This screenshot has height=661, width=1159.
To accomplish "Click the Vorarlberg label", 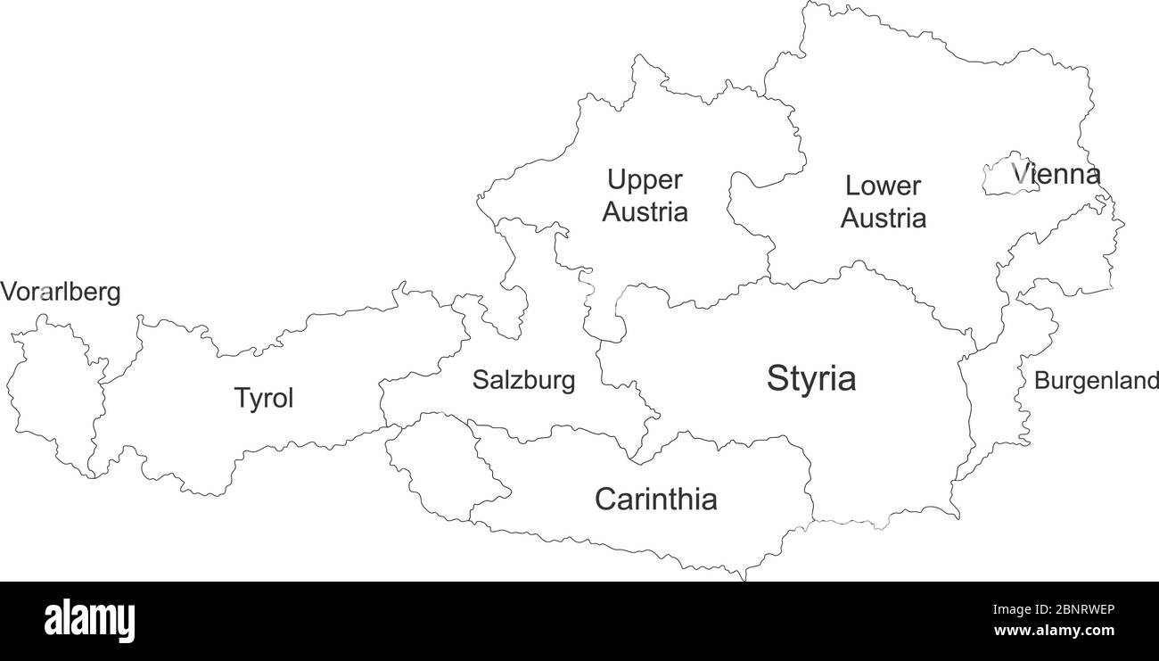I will [61, 293].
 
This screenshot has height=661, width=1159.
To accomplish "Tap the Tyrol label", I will [263, 398].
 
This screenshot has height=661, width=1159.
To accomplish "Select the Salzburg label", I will [523, 381].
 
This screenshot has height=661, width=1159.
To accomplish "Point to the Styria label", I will [811, 379].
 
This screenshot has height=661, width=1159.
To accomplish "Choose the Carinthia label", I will [655, 500].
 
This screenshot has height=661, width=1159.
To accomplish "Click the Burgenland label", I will [1096, 382].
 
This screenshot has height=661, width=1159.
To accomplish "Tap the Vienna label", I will [1056, 174].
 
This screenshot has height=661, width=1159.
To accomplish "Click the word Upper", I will [645, 180].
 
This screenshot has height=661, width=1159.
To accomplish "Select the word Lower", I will [883, 186].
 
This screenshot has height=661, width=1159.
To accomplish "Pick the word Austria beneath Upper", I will [645, 213].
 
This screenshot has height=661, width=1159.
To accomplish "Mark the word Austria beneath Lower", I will [883, 219].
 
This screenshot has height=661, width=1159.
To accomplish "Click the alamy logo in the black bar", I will [89, 621].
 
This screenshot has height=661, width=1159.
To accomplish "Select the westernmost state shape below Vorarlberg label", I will [53, 397].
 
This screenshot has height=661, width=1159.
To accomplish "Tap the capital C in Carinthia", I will [605, 500].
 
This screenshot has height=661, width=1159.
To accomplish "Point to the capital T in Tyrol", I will [241, 398].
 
